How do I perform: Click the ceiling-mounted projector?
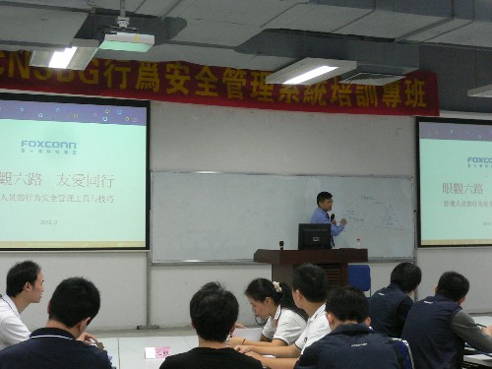tap(127, 40)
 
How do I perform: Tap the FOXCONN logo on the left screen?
tap(48, 145)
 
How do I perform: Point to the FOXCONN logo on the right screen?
tap(479, 160)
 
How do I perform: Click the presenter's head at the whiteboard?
tap(324, 200)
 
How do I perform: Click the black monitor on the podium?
tap(314, 236)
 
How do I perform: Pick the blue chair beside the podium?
tap(360, 277)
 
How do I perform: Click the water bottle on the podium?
tap(357, 242)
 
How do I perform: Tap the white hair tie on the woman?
tap(277, 287)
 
